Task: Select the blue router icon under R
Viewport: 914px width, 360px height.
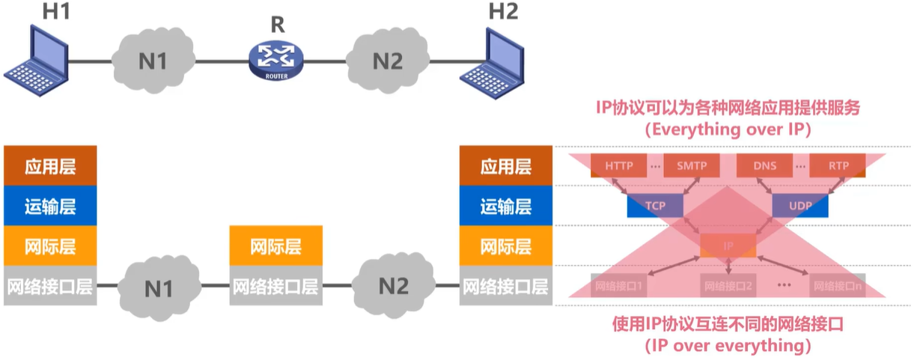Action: point(277,61)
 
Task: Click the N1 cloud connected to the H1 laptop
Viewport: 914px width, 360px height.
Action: point(153,61)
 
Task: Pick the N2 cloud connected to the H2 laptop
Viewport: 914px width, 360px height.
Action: point(387,61)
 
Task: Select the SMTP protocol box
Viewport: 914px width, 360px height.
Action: point(691,165)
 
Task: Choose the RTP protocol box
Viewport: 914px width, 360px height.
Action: point(838,165)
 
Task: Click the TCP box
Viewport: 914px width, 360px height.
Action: point(656,205)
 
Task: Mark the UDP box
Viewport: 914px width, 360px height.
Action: point(800,205)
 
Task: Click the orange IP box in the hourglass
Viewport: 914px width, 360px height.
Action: point(728,245)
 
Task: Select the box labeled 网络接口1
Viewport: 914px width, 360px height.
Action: point(618,286)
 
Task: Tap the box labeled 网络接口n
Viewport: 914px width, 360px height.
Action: point(838,286)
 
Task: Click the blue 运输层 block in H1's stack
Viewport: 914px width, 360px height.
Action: point(50,206)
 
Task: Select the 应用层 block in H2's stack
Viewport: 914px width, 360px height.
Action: point(506,165)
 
